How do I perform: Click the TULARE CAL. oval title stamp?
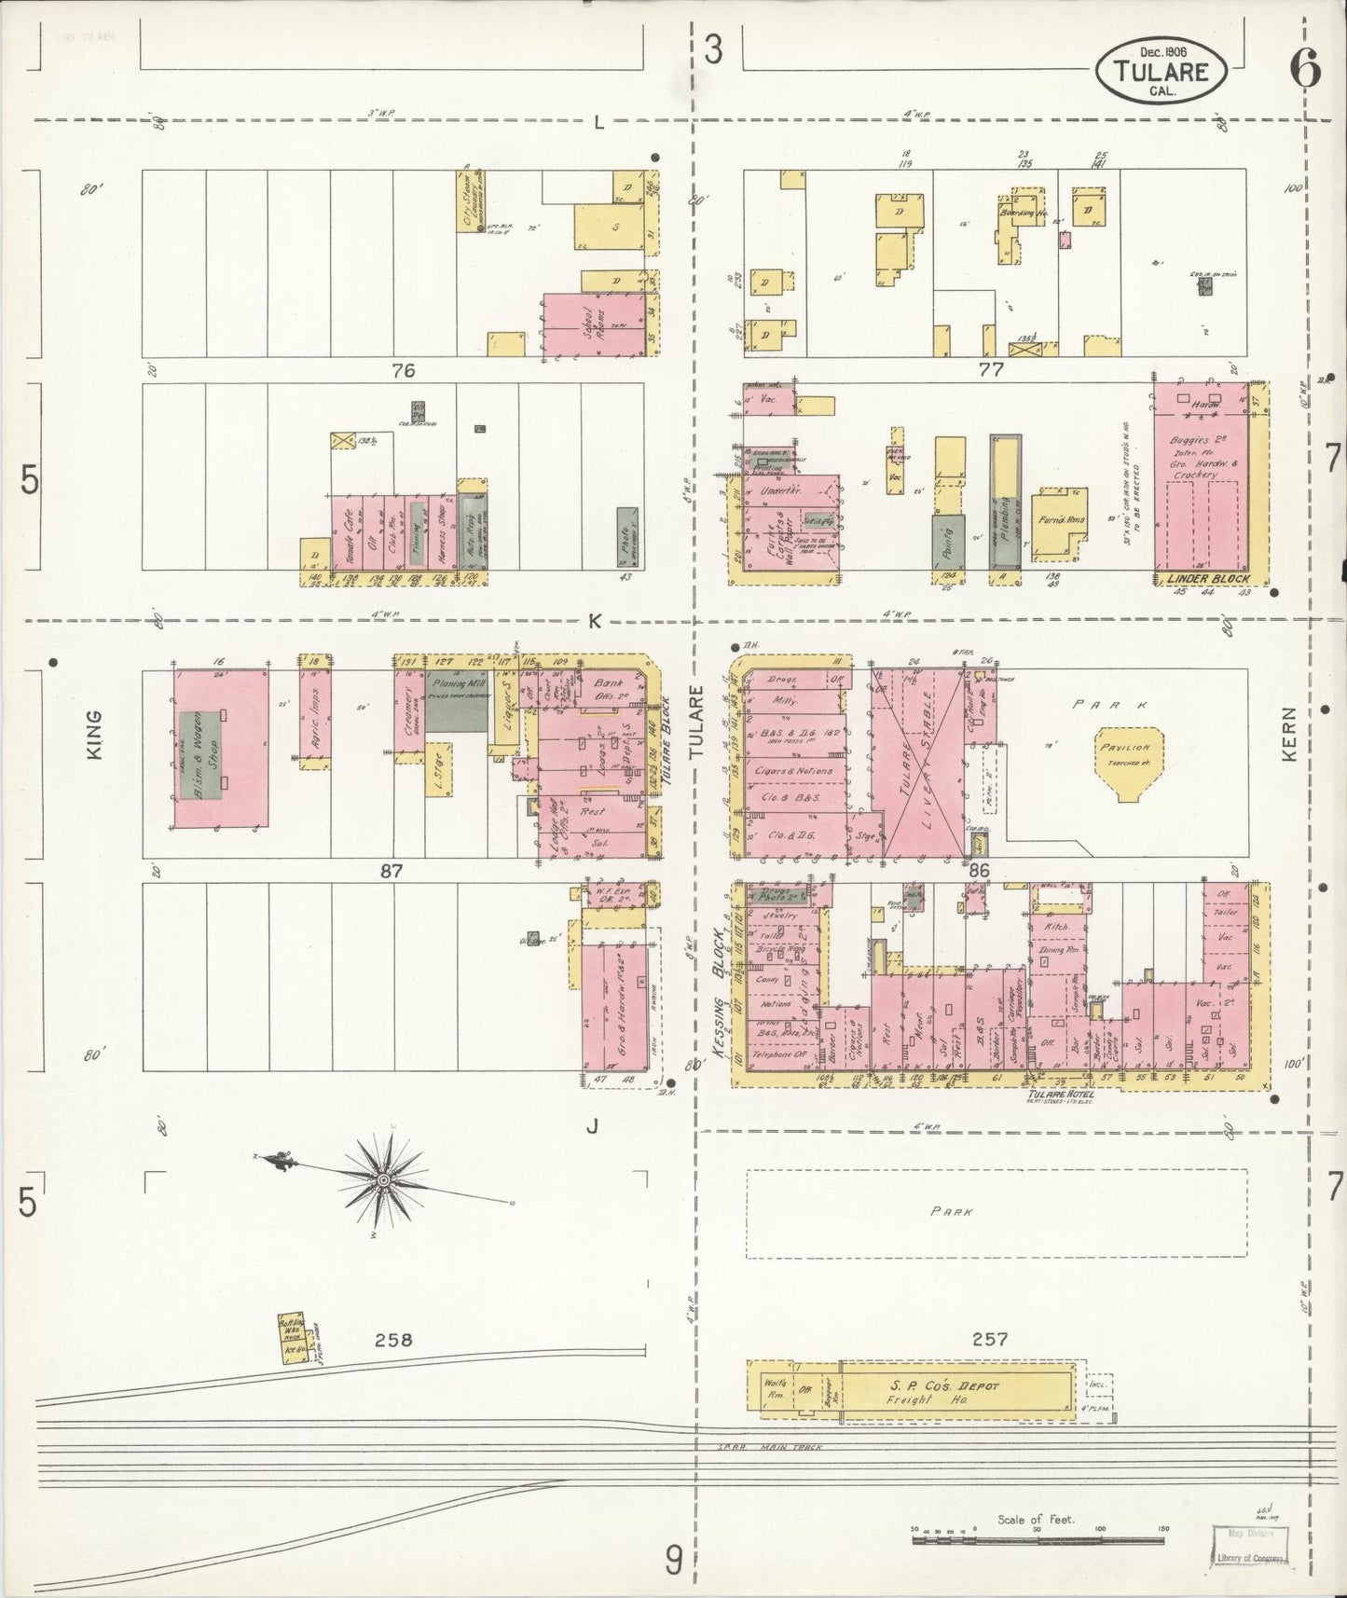(1161, 69)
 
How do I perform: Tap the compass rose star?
(382, 1180)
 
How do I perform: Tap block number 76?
(403, 370)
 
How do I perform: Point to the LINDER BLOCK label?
(1207, 579)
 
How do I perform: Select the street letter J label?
(591, 1127)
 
